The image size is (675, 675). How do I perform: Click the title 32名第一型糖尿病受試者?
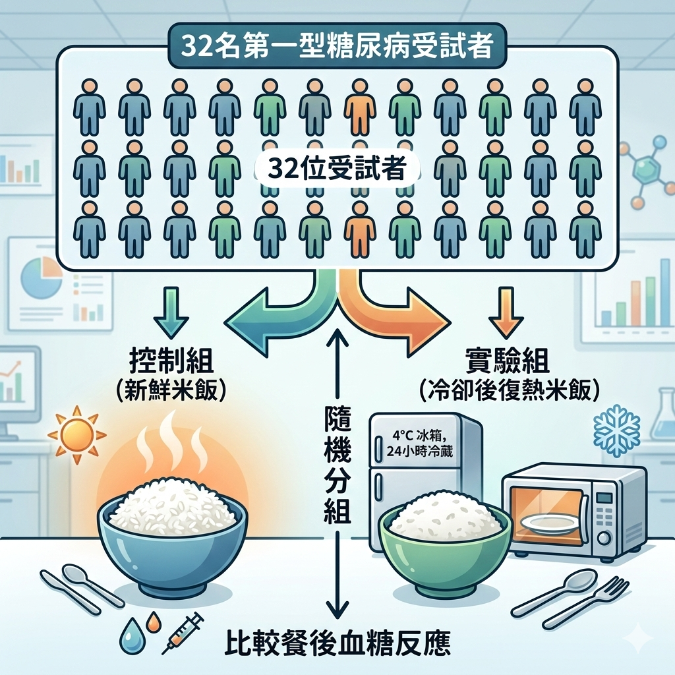pos(337,45)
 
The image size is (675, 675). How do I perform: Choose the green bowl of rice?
pos(446,541)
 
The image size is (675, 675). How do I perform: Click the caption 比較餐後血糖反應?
pos(337,643)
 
